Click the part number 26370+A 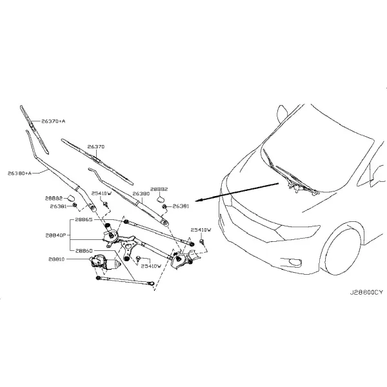pyautogui.click(x=54, y=121)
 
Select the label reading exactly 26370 pyautogui.click(x=96, y=146)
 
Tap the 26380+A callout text pyautogui.click(x=19, y=174)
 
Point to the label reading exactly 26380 pyautogui.click(x=141, y=193)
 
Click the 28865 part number pyautogui.click(x=84, y=219)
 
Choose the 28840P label pyautogui.click(x=55, y=235)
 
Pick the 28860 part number pyautogui.click(x=84, y=251)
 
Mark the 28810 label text pyautogui.click(x=57, y=259)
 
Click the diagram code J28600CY pyautogui.click(x=366, y=292)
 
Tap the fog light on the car pyautogui.click(x=295, y=262)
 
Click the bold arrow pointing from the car pyautogui.click(x=237, y=192)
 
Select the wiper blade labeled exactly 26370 pyautogui.click(x=97, y=161)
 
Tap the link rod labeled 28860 pyautogui.click(x=125, y=281)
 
